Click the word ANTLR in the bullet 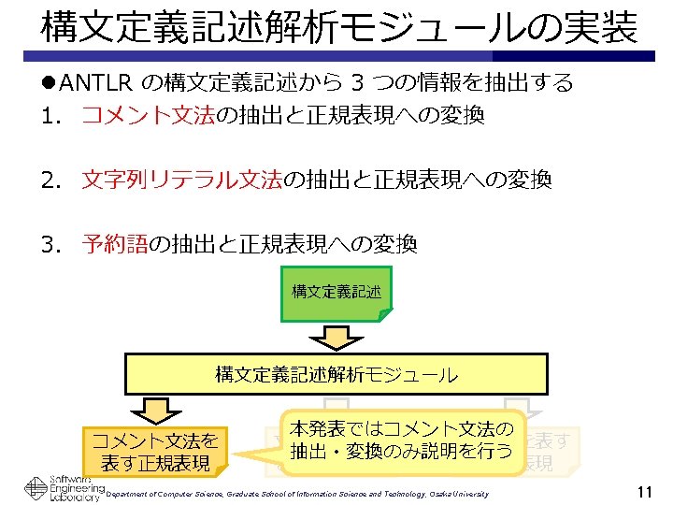pyautogui.click(x=96, y=83)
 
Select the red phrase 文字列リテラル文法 pyautogui.click(x=182, y=180)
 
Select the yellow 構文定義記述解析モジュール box pyautogui.click(x=336, y=375)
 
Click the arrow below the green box pyautogui.click(x=336, y=337)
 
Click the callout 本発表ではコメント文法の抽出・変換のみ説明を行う pyautogui.click(x=401, y=440)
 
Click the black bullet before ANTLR pyautogui.click(x=49, y=83)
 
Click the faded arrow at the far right pyautogui.click(x=528, y=407)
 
